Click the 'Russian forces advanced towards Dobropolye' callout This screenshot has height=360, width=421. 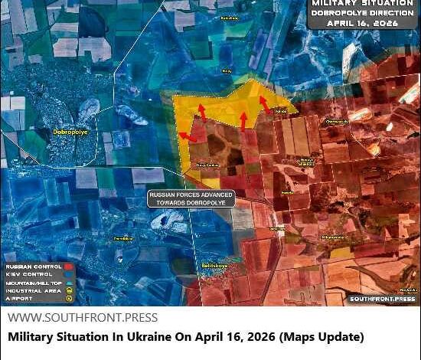191,198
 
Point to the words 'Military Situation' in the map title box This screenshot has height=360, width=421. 363,4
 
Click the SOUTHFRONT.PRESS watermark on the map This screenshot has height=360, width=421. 382,299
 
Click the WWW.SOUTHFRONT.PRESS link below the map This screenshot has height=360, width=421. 83,318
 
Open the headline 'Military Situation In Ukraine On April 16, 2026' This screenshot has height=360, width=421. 186,337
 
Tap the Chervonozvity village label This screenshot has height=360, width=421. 338,122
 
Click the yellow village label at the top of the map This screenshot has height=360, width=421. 228,17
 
